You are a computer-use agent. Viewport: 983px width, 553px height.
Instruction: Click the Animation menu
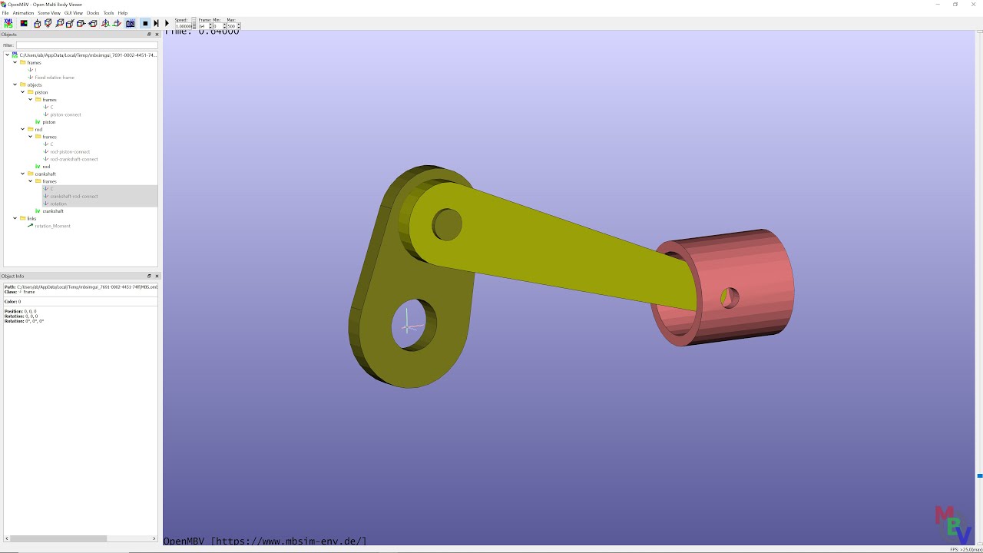[23, 13]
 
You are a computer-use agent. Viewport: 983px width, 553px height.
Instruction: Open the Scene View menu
[49, 13]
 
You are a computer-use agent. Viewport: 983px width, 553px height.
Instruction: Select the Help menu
[122, 13]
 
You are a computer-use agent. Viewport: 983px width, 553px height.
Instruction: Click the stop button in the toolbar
[145, 24]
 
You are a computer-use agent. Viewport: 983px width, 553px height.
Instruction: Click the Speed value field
[183, 26]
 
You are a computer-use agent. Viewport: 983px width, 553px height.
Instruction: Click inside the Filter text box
[86, 45]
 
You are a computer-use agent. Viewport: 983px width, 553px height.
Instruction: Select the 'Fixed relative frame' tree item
[55, 78]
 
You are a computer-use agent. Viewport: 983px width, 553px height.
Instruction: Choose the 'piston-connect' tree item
[65, 114]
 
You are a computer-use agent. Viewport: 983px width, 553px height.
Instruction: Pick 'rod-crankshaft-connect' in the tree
[74, 159]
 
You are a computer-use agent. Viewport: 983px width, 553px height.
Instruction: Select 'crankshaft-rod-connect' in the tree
[74, 196]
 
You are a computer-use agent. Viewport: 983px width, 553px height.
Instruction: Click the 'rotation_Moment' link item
[52, 226]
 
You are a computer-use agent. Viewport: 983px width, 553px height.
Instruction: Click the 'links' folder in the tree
[31, 218]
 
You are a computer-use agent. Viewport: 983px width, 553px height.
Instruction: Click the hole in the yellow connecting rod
[447, 224]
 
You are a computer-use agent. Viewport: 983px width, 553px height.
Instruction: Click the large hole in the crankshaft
[413, 325]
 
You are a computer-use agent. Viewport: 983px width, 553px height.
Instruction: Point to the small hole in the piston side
[730, 297]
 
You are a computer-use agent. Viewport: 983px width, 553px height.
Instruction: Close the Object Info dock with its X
[157, 276]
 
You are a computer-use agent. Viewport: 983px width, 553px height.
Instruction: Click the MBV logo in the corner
[952, 525]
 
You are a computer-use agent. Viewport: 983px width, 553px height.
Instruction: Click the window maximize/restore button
[955, 5]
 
